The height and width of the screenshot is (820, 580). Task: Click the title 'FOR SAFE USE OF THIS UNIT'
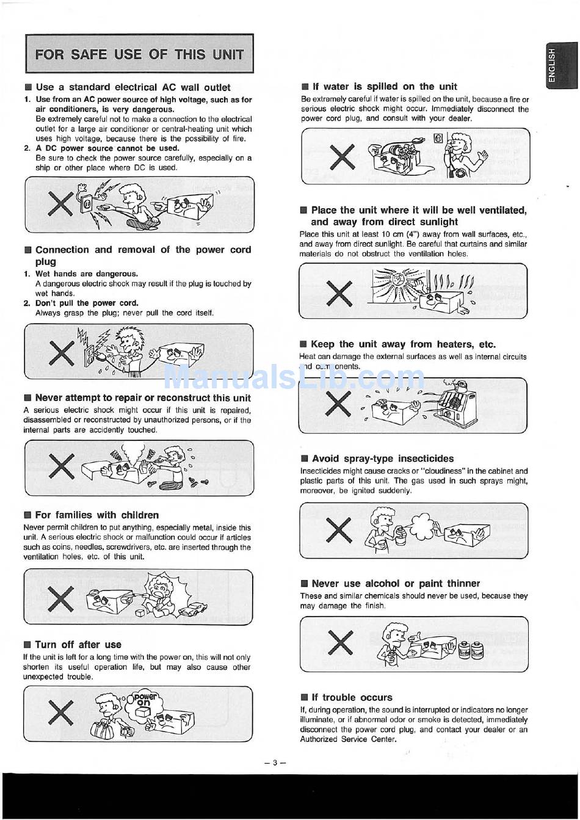(x=139, y=54)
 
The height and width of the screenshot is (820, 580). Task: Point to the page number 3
(x=275, y=762)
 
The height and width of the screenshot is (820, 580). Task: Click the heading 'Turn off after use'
(x=78, y=644)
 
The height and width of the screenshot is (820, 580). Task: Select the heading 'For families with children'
(x=96, y=515)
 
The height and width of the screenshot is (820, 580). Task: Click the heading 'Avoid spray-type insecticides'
(x=383, y=458)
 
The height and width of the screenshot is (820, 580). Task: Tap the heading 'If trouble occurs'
(x=352, y=697)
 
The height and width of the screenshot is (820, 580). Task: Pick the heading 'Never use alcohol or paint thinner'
(x=396, y=583)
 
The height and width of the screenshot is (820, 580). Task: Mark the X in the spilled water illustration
(x=342, y=157)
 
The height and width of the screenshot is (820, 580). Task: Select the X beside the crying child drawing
(x=60, y=597)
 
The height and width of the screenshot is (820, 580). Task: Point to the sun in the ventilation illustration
(x=397, y=280)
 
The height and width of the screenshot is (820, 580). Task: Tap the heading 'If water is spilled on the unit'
(x=383, y=87)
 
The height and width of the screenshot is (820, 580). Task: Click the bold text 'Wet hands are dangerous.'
(x=86, y=274)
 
